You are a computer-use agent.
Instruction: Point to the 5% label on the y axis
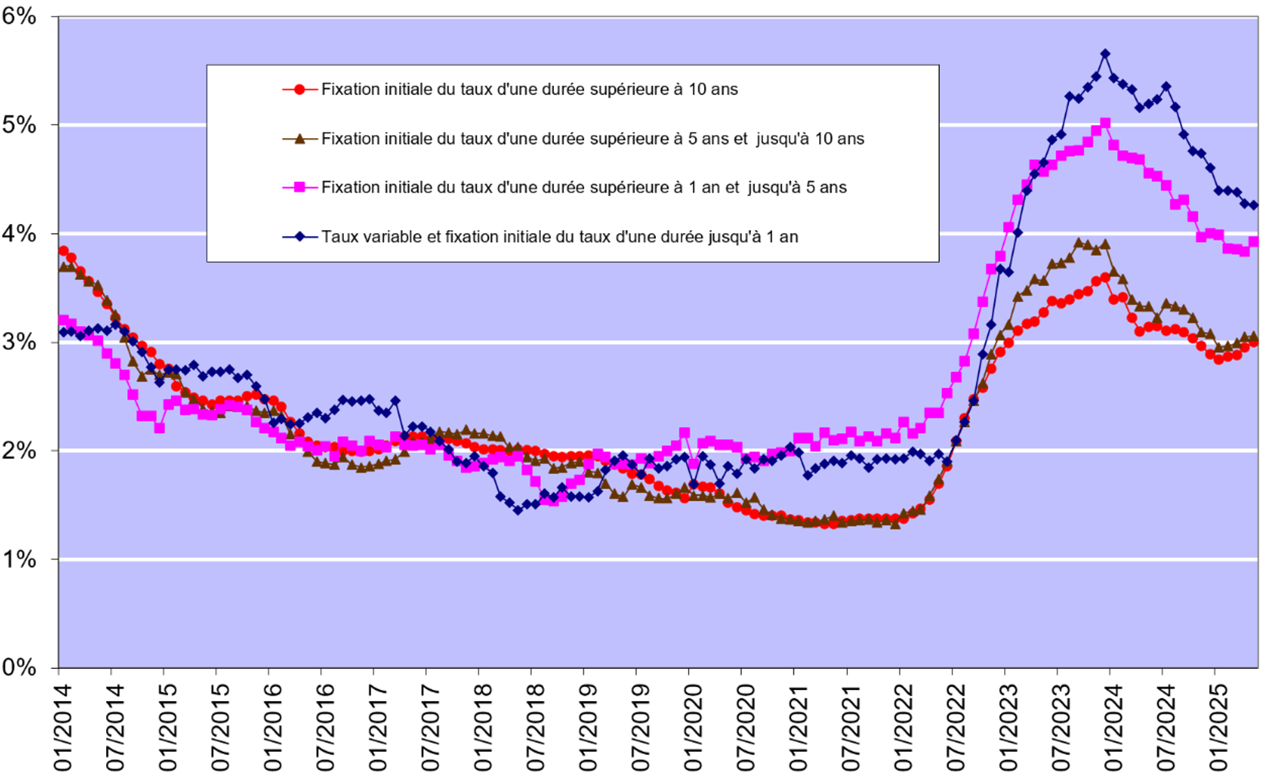19,126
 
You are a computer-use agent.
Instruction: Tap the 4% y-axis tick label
19,234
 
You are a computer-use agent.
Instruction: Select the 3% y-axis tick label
19,343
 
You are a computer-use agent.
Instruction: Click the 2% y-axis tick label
19,451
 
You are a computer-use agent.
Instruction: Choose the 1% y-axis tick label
19,559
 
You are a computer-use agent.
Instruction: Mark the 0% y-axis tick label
19,668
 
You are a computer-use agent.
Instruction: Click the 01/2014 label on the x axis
63,726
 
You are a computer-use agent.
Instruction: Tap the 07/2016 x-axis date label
325,726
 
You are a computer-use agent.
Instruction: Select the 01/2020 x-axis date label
693,726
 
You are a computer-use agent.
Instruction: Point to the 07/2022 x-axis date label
956,726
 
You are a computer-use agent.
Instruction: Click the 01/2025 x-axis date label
1218,726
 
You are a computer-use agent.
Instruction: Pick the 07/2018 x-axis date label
535,726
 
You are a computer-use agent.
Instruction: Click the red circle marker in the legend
300,89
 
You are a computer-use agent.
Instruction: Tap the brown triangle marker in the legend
300,138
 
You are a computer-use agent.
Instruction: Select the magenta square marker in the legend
300,188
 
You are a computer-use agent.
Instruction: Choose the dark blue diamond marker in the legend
300,237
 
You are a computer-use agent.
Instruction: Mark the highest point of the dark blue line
1105,54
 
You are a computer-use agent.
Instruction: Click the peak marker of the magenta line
1105,123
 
